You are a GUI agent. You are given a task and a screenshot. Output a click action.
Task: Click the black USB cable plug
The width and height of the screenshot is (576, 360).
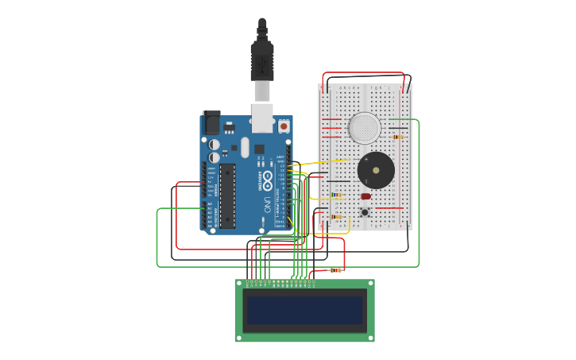point(262,60)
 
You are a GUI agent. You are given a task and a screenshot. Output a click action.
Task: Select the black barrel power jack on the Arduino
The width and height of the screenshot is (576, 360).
point(211,123)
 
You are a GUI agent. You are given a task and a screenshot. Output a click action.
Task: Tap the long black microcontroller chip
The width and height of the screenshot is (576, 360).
point(227,195)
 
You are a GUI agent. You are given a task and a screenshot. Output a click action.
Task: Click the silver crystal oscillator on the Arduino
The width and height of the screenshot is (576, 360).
point(245,147)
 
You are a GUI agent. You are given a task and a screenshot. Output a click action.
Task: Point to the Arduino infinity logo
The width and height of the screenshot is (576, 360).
point(268,176)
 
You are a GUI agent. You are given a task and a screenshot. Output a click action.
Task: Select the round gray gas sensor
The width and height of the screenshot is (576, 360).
point(365,127)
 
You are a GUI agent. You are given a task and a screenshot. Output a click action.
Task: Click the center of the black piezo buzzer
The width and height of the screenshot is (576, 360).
point(376,171)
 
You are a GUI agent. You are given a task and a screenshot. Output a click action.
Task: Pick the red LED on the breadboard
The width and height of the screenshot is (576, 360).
point(365,196)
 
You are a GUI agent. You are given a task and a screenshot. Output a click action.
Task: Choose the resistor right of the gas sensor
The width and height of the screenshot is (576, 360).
point(398,137)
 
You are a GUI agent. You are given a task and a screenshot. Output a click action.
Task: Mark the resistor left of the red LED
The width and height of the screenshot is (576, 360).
point(336,195)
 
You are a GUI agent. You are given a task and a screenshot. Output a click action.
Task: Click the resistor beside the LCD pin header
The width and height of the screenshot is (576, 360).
point(335,270)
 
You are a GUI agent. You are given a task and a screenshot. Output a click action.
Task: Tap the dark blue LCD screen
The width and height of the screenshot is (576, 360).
point(305,310)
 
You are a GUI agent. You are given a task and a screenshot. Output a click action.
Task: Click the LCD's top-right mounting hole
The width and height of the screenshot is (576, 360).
point(369,283)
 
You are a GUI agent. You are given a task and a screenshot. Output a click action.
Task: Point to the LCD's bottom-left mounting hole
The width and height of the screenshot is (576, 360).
point(239,338)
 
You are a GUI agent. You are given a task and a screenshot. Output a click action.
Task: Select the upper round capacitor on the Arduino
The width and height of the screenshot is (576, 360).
point(215,144)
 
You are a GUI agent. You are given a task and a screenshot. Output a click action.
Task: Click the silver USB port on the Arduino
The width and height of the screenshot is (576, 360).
point(262,117)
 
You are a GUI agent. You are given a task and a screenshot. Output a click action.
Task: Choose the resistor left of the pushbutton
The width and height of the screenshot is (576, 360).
point(336,216)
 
